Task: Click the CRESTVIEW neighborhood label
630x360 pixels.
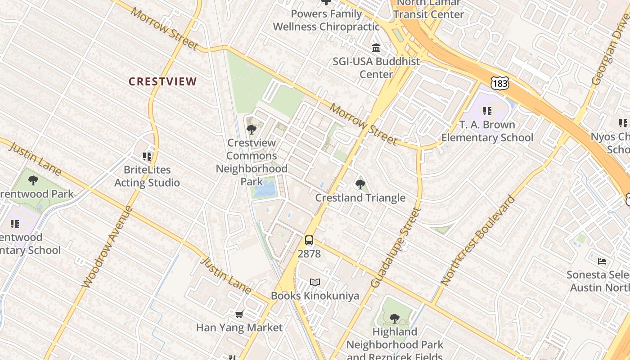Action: [x=162, y=81]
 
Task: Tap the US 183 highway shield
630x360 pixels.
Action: [x=500, y=83]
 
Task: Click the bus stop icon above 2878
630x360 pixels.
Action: [x=309, y=240]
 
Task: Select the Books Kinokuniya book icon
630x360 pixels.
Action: [x=315, y=283]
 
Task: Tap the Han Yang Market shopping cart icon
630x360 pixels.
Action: [x=239, y=314]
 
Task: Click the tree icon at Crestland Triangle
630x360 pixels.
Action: [x=360, y=184]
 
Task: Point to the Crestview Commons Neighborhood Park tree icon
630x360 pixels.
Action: [x=252, y=130]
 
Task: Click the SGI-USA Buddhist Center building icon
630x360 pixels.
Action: [x=376, y=48]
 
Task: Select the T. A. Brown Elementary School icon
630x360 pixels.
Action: [x=487, y=111]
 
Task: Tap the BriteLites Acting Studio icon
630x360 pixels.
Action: [x=147, y=157]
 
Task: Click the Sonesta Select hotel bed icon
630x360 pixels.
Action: [x=602, y=261]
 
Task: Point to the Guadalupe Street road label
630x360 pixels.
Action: [x=395, y=248]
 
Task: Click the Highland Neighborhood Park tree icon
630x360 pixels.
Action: [x=395, y=319]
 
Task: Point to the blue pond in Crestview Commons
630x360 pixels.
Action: [x=264, y=189]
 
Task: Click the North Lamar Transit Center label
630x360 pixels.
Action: [x=428, y=9]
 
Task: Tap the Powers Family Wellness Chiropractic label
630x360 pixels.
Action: [x=326, y=20]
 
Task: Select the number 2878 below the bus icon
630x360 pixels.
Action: [x=309, y=254]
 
